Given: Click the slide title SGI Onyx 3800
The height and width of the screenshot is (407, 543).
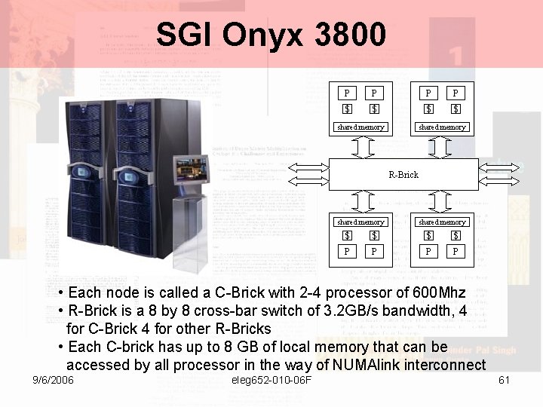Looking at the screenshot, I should pyautogui.click(x=271, y=34).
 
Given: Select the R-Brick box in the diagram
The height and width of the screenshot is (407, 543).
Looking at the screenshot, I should pyautogui.click(x=403, y=174).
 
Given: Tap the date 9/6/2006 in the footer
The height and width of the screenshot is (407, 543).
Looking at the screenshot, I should pyautogui.click(x=53, y=380).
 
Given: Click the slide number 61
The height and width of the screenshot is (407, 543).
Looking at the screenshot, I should pyautogui.click(x=505, y=380).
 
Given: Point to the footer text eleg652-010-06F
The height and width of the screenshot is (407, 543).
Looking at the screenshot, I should pyautogui.click(x=274, y=380).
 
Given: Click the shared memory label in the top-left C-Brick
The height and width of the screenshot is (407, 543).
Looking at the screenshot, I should pyautogui.click(x=360, y=127).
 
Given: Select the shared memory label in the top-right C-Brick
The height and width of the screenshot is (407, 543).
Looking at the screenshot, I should pyautogui.click(x=442, y=127).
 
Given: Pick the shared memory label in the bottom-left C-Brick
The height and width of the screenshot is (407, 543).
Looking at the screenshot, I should pyautogui.click(x=360, y=222).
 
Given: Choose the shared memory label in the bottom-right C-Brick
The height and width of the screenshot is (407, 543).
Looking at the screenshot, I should pyautogui.click(x=442, y=222).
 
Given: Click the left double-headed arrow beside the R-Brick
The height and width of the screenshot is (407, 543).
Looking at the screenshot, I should pyautogui.click(x=308, y=173).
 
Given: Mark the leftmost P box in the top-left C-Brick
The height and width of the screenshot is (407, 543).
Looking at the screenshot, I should pyautogui.click(x=347, y=94).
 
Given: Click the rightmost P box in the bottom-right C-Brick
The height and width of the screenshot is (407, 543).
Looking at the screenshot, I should pyautogui.click(x=456, y=252).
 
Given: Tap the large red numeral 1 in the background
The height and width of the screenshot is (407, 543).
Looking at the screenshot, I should pyautogui.click(x=455, y=54).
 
